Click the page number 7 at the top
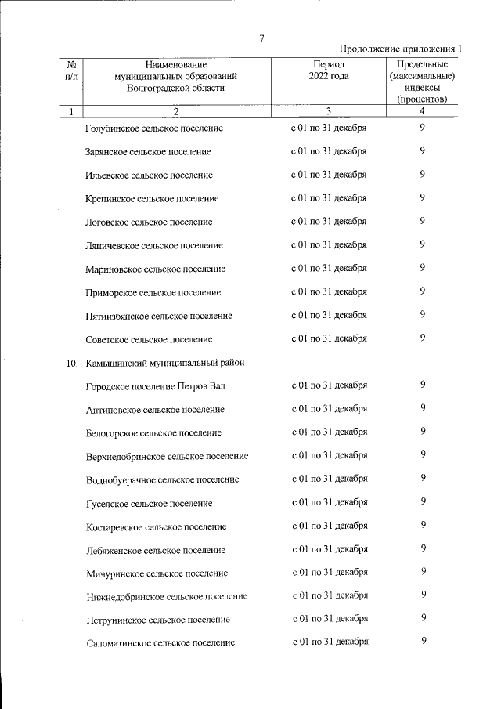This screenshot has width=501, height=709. (261, 40)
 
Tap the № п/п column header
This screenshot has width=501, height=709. (71, 71)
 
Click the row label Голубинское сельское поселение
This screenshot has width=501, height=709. (153, 128)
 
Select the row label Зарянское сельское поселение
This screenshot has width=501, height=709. (147, 151)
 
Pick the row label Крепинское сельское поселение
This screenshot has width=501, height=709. (152, 198)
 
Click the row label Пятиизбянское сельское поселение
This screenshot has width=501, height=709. (159, 316)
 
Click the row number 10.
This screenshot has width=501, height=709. (70, 363)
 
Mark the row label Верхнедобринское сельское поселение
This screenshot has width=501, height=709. (168, 456)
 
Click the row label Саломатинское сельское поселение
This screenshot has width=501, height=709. (160, 643)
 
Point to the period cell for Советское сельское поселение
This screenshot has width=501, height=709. (329, 339)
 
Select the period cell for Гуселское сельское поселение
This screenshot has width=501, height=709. (329, 503)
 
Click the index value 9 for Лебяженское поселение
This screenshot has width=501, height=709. (423, 549)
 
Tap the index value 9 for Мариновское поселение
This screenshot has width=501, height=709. (423, 268)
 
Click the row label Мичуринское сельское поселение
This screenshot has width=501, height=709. (157, 573)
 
